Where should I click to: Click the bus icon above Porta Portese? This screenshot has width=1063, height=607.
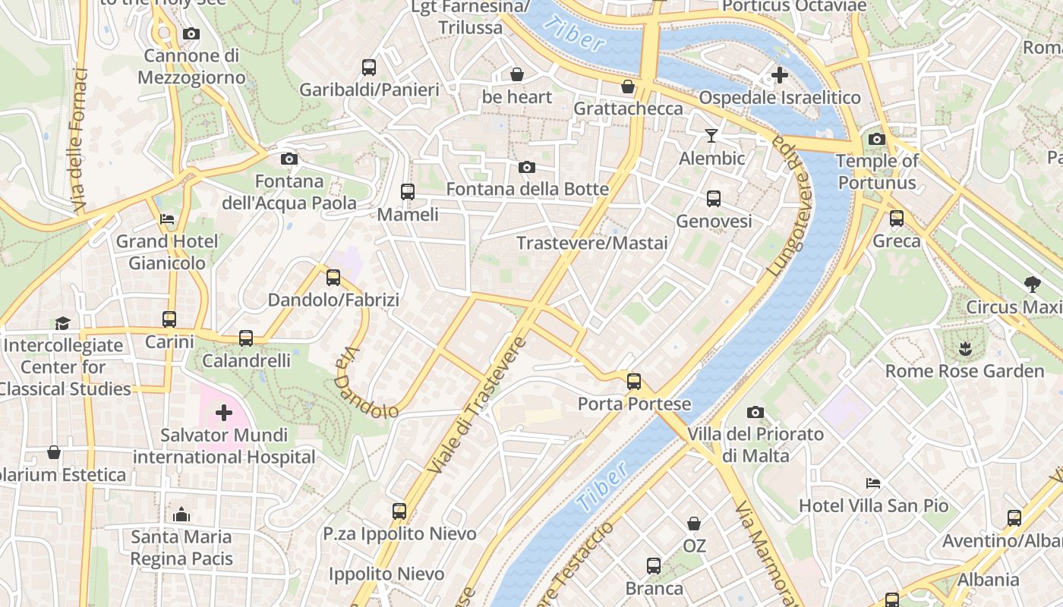634,382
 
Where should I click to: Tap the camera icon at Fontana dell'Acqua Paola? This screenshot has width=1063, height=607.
289,159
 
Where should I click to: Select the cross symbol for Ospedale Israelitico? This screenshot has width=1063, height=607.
779,75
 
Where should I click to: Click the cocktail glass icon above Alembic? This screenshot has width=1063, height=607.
711,136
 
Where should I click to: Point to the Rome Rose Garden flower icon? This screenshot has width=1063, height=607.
965,349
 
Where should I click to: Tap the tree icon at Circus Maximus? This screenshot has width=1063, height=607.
1032,285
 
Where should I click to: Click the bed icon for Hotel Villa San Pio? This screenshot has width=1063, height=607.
873,483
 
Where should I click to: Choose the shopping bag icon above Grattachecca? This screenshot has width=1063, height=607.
628,86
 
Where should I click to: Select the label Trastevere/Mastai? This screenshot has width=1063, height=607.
592,243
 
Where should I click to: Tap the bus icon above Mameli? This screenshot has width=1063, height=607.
408,191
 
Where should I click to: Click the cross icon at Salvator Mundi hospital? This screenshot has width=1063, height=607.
223,413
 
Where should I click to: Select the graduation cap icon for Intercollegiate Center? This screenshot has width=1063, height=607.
62,323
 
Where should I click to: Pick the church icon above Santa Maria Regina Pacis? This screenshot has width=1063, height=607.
181,514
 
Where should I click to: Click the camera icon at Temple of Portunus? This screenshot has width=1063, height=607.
877,139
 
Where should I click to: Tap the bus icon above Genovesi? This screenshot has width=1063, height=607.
714,199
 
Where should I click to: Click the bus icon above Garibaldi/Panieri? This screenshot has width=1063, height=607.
369,68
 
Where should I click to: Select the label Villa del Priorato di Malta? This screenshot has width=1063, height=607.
755,445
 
